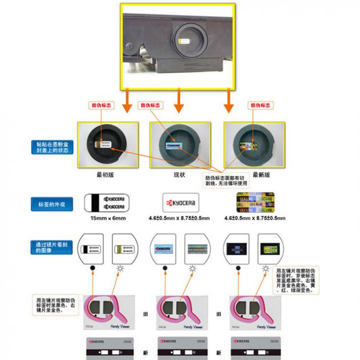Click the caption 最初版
104,174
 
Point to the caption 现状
180,174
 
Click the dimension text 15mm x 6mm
108,218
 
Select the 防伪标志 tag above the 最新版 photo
261,105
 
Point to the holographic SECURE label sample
255,203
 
